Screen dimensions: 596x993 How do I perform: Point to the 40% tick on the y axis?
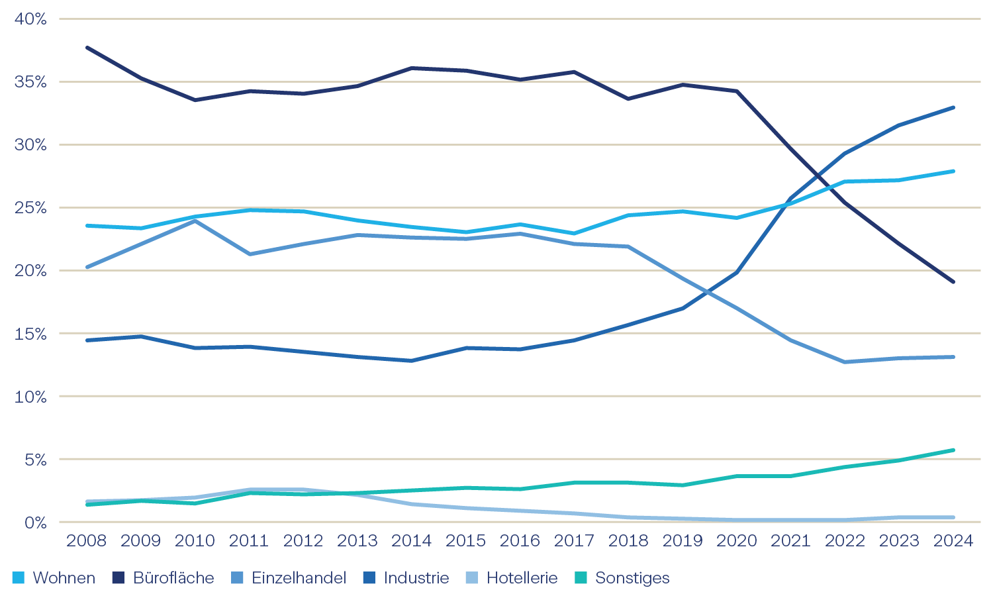click(30, 19)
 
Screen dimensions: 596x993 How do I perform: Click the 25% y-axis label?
click(30, 208)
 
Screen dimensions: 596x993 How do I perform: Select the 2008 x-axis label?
click(87, 541)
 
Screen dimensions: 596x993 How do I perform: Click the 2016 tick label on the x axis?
click(520, 541)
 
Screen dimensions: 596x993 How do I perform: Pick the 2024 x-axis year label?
click(953, 541)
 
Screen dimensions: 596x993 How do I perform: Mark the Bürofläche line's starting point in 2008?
click(87, 48)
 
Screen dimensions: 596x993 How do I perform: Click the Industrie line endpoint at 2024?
click(953, 107)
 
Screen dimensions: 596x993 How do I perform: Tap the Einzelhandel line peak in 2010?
click(195, 221)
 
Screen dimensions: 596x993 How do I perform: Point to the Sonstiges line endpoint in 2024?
click(953, 450)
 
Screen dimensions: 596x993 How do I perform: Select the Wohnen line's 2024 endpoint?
click(953, 172)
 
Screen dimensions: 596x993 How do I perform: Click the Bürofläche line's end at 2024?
click(953, 281)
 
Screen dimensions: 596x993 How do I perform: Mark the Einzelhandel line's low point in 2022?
click(845, 362)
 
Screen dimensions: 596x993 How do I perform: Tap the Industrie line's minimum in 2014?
click(412, 361)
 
